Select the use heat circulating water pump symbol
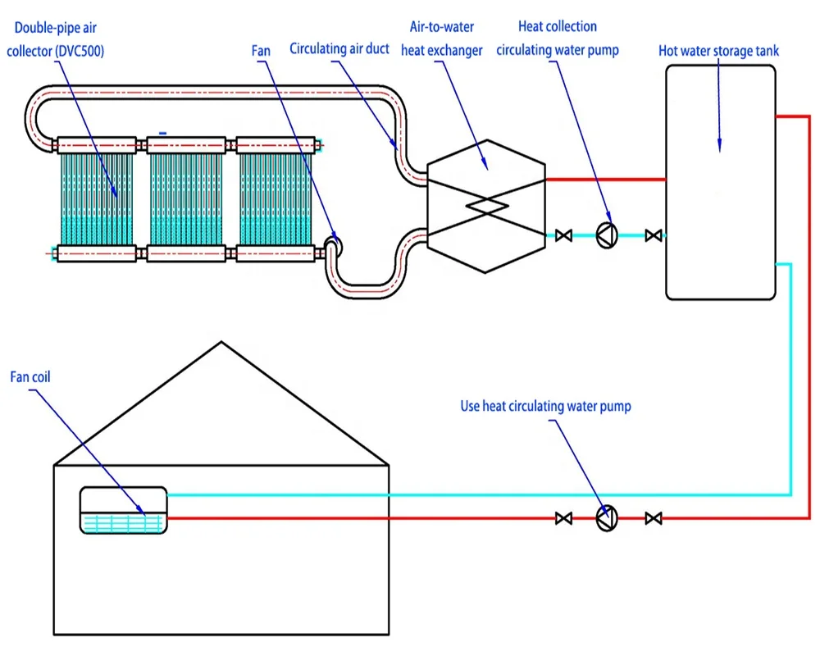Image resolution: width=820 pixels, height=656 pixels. click(607, 518)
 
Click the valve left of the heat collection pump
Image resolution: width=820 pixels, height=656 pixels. click(563, 236)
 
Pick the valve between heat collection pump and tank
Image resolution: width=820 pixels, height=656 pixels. click(654, 236)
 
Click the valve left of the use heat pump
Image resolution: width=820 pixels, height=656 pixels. click(563, 518)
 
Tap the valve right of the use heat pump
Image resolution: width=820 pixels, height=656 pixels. click(654, 518)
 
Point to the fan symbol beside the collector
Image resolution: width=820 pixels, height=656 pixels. click(333, 243)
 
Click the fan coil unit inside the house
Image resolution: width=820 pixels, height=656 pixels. click(123, 511)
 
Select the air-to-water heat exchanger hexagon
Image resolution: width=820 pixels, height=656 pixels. click(485, 205)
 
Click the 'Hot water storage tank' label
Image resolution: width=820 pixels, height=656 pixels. click(718, 51)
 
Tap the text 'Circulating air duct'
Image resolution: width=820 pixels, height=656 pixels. click(339, 49)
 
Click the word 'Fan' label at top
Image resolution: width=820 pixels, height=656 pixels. click(261, 51)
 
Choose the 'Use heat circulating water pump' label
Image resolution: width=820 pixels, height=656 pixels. click(545, 406)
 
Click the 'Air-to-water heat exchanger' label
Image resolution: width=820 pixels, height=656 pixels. click(441, 39)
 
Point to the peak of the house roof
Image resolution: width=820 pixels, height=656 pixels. click(221, 343)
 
